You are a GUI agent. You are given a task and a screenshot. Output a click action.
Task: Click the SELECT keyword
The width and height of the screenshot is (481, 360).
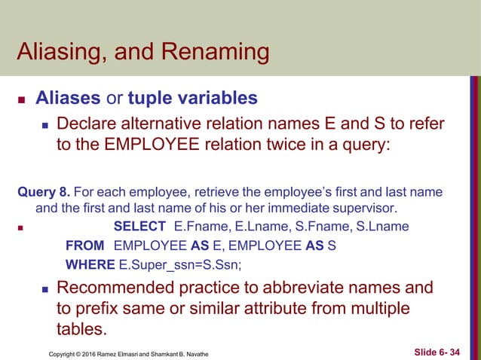click(x=139, y=226)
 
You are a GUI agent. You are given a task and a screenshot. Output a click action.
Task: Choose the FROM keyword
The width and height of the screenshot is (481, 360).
click(x=84, y=246)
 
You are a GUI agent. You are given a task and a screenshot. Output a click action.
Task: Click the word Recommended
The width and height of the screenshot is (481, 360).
click(x=121, y=288)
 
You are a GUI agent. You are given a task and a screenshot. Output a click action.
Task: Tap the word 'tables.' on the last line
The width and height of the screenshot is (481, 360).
click(x=82, y=330)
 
